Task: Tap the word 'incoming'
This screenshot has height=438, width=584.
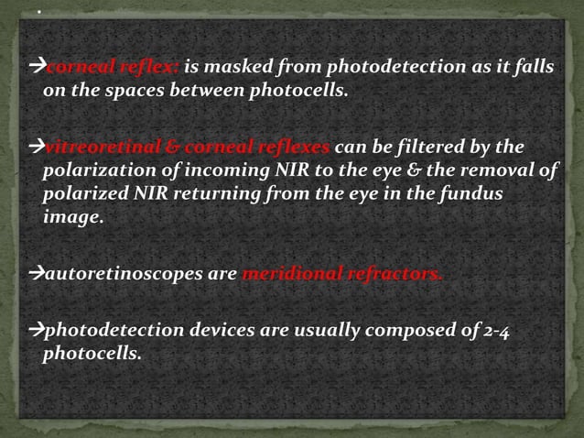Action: click(x=212, y=172)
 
